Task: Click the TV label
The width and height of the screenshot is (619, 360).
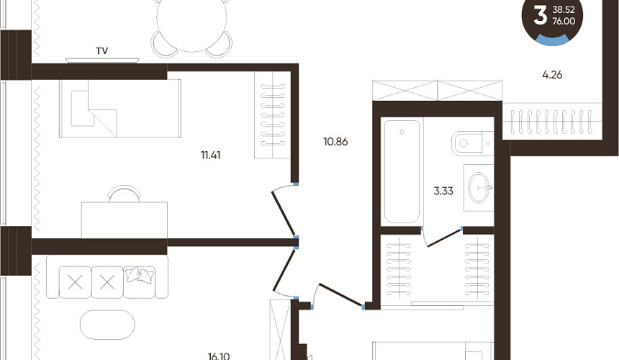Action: click(102, 50)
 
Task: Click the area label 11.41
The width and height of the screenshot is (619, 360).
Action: click(210, 155)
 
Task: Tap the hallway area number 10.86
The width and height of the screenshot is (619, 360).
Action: click(335, 141)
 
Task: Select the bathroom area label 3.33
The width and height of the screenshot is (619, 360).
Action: click(443, 191)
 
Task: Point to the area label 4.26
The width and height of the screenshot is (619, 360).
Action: click(552, 75)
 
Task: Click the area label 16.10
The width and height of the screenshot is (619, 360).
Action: click(219, 356)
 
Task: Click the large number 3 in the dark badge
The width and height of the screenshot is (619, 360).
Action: click(540, 16)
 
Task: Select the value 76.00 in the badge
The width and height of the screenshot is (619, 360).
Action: click(564, 22)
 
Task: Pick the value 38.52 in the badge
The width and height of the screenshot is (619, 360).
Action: click(564, 10)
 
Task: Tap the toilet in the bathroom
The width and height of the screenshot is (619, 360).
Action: click(472, 143)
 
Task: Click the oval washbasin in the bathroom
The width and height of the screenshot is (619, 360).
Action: click(479, 187)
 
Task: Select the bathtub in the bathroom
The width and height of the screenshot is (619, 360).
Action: click(402, 171)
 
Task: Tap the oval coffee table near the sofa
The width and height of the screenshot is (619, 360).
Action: click(107, 325)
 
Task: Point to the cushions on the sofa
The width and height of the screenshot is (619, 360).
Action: click(140, 275)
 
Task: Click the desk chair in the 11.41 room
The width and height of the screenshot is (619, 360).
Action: click(125, 194)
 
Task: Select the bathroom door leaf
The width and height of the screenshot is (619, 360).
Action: click(445, 237)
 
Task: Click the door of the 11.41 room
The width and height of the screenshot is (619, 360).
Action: click(284, 213)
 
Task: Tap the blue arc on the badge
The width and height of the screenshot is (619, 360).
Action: click(552, 40)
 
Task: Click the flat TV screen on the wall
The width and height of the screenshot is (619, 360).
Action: click(102, 60)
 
